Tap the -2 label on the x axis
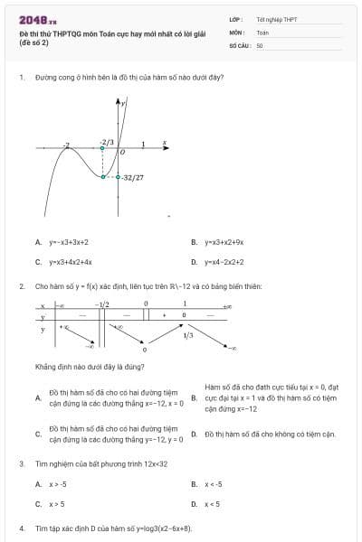(x=66, y=145)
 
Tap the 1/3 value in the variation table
(x=187, y=335)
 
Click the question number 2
(x=21, y=286)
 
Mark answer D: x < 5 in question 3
(x=212, y=504)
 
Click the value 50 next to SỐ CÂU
(x=260, y=44)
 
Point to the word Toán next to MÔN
(x=262, y=32)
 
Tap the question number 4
(x=21, y=528)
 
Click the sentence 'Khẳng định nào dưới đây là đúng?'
(x=90, y=367)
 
